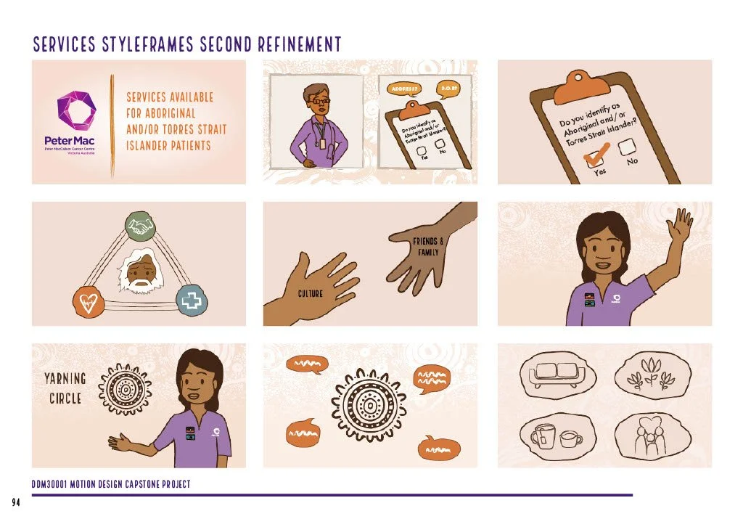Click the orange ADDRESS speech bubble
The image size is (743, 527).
[x=403, y=89]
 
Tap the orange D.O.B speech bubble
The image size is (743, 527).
[x=447, y=89]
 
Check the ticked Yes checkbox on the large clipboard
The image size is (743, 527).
[x=597, y=153]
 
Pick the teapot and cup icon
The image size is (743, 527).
[x=556, y=437]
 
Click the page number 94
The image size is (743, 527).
[x=16, y=502]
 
